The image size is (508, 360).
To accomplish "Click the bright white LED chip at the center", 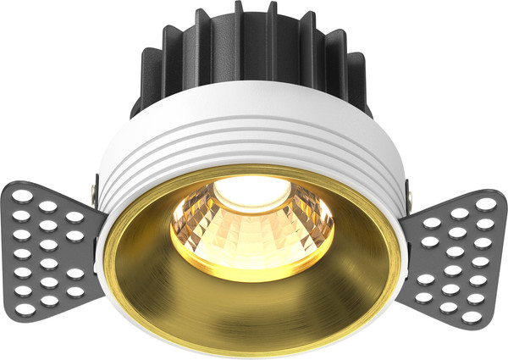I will (251, 193).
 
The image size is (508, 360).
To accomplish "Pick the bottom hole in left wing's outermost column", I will (26, 305).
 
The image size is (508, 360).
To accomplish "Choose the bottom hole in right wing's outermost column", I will (481, 305).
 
